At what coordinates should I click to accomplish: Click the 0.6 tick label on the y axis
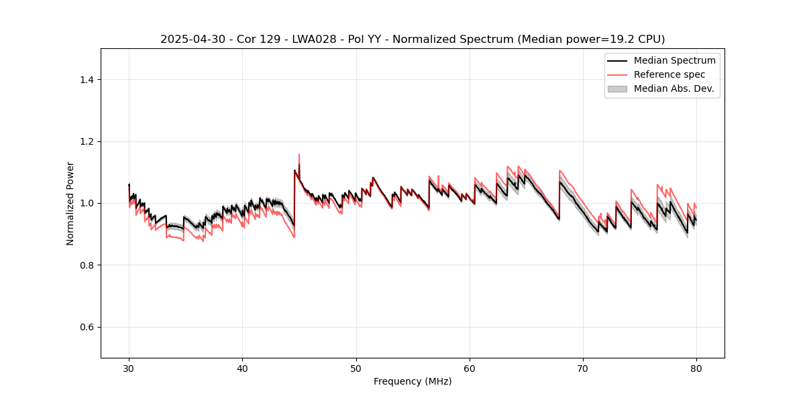[x=86, y=327]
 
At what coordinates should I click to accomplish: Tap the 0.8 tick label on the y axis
[x=86, y=265]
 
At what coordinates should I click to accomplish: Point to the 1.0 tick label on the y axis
[x=86, y=203]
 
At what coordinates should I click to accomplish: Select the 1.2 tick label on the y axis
[x=86, y=141]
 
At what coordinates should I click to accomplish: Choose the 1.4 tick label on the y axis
[x=86, y=80]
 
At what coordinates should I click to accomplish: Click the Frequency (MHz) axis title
[x=413, y=381]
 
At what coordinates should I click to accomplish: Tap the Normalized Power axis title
[x=70, y=203]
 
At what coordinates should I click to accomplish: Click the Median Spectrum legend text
[x=674, y=60]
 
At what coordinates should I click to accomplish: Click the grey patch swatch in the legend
[x=617, y=88]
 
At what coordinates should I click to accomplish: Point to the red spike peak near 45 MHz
[x=299, y=155]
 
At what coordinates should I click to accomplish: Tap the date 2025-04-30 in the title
[x=189, y=40]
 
